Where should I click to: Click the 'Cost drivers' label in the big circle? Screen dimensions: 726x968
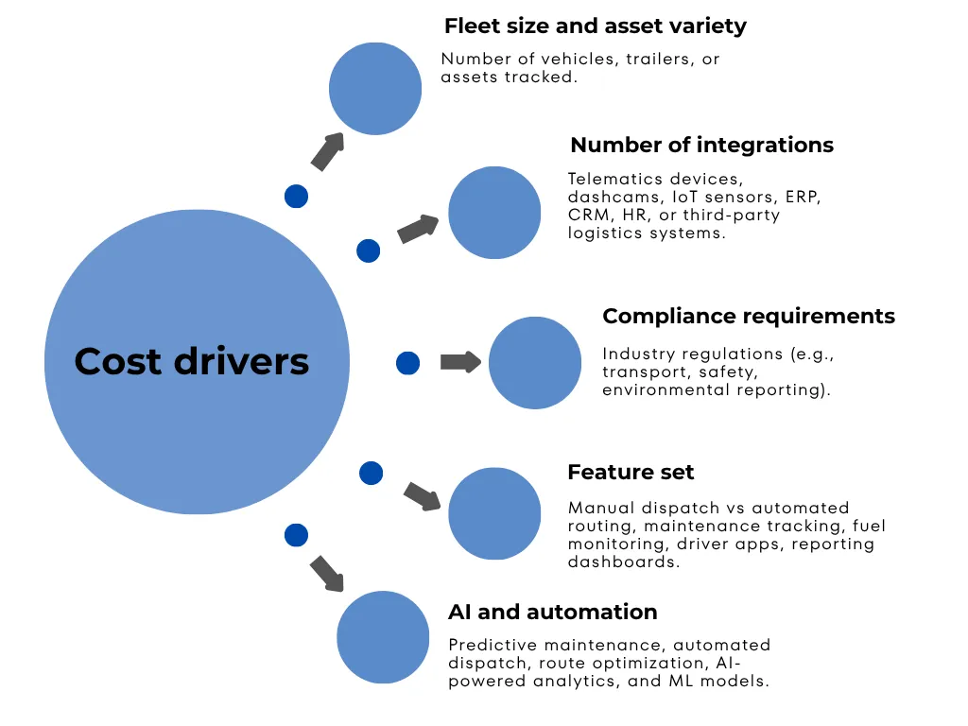coord(192,361)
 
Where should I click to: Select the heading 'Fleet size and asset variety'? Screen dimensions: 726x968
coord(595,26)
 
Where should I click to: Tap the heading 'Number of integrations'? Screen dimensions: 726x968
coord(701,146)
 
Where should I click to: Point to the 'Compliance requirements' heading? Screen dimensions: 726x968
coord(748,316)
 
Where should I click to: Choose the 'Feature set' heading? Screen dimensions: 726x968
coord(631,472)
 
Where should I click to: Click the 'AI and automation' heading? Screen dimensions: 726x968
coord(552,612)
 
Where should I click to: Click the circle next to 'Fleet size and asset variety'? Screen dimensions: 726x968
coord(375,88)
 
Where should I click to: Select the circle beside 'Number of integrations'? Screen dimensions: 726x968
coord(494,213)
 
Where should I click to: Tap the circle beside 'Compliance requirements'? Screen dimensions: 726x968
coord(535,363)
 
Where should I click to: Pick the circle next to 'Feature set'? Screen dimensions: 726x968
coord(494,513)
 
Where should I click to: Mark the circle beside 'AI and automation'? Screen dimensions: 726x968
coord(383,637)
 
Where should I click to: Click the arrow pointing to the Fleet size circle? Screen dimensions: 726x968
coord(327,151)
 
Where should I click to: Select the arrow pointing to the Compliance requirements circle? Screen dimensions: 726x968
coord(460,362)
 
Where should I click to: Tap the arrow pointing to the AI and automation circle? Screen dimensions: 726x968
coord(327,574)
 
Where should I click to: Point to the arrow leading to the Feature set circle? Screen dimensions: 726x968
coord(423,495)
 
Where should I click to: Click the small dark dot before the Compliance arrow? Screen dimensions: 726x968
coord(407,363)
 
